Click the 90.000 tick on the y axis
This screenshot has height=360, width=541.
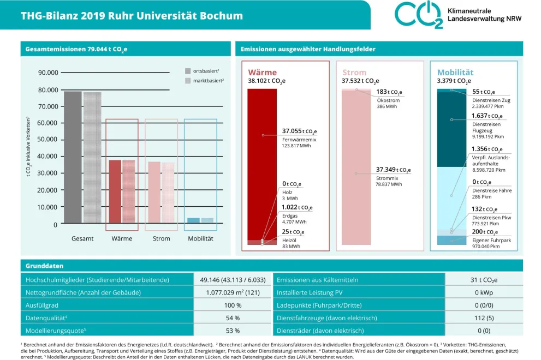[x=48, y=73]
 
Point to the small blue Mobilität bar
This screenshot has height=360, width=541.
[x=193, y=220]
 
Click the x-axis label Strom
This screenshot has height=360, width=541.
[x=161, y=239]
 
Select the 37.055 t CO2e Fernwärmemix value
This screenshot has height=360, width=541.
[x=299, y=131]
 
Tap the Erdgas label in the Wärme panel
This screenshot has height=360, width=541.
[x=290, y=215]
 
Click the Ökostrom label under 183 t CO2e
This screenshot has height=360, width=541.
[x=388, y=100]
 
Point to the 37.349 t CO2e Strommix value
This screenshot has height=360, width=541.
[x=393, y=170]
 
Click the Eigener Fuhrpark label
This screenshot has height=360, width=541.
[x=491, y=240]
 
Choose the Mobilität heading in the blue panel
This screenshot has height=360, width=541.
[x=455, y=73]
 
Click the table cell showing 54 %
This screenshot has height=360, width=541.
[x=233, y=317]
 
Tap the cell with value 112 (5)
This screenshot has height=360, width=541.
[x=484, y=317]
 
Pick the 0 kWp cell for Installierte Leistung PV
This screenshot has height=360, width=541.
[x=484, y=292]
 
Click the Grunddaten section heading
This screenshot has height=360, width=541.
[x=45, y=266]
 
